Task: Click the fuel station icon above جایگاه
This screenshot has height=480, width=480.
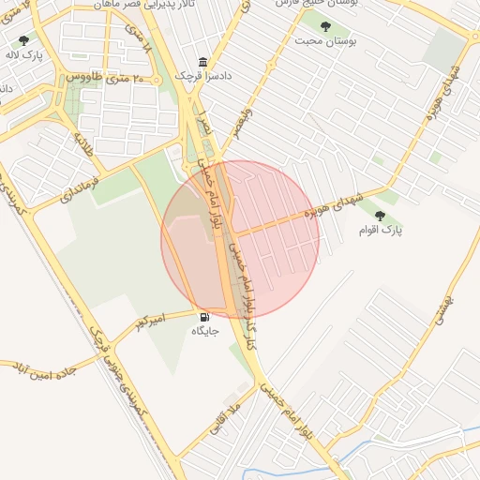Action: tap(204, 317)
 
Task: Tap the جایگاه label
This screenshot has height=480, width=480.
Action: tap(204, 331)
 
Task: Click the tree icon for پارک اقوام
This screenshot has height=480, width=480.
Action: tap(380, 216)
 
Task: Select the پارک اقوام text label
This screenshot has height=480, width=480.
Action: tap(380, 230)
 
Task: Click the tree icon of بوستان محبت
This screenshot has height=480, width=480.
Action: tap(325, 27)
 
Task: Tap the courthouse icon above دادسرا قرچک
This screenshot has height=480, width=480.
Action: tap(202, 62)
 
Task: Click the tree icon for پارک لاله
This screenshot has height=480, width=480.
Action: tap(23, 40)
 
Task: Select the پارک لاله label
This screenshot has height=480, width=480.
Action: tap(22, 55)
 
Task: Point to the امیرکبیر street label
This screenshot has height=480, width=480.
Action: tap(150, 322)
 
